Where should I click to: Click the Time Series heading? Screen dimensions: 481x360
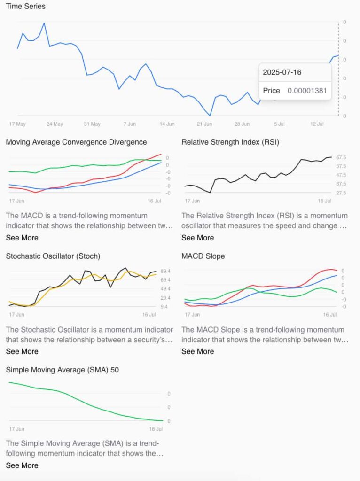click(x=25, y=7)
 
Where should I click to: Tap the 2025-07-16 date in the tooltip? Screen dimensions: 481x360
click(x=282, y=72)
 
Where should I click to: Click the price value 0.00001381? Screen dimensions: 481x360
click(x=307, y=91)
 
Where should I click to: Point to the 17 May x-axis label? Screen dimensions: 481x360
click(x=17, y=124)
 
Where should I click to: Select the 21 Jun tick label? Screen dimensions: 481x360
click(x=204, y=124)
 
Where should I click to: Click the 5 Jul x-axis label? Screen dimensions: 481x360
click(x=279, y=124)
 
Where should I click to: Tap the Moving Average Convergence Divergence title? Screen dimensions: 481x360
click(x=76, y=142)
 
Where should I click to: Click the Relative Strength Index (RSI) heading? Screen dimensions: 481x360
click(x=230, y=142)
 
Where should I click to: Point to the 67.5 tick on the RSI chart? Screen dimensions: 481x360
click(x=342, y=158)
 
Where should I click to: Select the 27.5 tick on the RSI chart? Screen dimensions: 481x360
click(x=342, y=193)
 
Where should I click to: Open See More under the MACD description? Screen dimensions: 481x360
click(x=22, y=238)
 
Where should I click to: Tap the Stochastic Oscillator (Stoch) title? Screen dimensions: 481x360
click(x=53, y=256)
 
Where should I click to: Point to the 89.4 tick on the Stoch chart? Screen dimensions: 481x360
click(x=166, y=272)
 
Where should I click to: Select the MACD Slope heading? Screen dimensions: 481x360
click(x=203, y=256)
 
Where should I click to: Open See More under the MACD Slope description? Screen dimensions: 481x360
click(x=198, y=351)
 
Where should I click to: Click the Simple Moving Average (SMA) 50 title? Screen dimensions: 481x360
click(x=62, y=370)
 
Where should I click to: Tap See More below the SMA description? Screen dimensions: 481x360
click(x=22, y=465)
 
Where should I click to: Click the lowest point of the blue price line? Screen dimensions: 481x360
click(x=210, y=115)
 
